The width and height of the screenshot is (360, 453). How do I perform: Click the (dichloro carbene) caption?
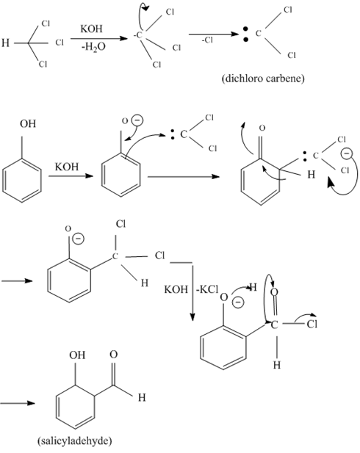click(263, 79)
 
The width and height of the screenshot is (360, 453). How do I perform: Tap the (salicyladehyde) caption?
click(75, 441)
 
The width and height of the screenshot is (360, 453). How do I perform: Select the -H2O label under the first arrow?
click(93, 47)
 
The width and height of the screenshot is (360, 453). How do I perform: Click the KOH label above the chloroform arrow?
click(91, 29)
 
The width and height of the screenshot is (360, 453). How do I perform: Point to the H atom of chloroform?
click(5, 43)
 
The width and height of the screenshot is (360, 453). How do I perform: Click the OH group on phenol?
click(28, 123)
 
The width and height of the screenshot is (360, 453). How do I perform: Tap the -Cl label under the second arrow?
click(207, 40)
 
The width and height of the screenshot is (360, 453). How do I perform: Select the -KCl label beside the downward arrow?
click(207, 289)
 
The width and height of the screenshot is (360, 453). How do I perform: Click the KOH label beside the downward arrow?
click(176, 289)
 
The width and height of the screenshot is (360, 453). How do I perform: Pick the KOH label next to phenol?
click(67, 167)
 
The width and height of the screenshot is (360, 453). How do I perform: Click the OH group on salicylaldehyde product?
click(77, 355)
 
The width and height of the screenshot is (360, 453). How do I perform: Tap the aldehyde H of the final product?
click(142, 397)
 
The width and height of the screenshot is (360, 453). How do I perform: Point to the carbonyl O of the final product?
click(114, 355)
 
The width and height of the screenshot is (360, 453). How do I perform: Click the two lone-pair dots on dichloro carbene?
click(245, 34)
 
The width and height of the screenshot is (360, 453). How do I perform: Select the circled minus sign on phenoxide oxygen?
click(137, 120)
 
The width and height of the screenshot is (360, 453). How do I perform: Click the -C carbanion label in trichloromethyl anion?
click(138, 35)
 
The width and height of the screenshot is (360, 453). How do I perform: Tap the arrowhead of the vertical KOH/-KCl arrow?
click(192, 317)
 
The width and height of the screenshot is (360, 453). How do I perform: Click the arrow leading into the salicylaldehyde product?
click(18, 403)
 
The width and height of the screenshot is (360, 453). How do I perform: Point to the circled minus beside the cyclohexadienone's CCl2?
click(346, 153)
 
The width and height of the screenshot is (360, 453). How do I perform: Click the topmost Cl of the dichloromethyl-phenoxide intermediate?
click(120, 224)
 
